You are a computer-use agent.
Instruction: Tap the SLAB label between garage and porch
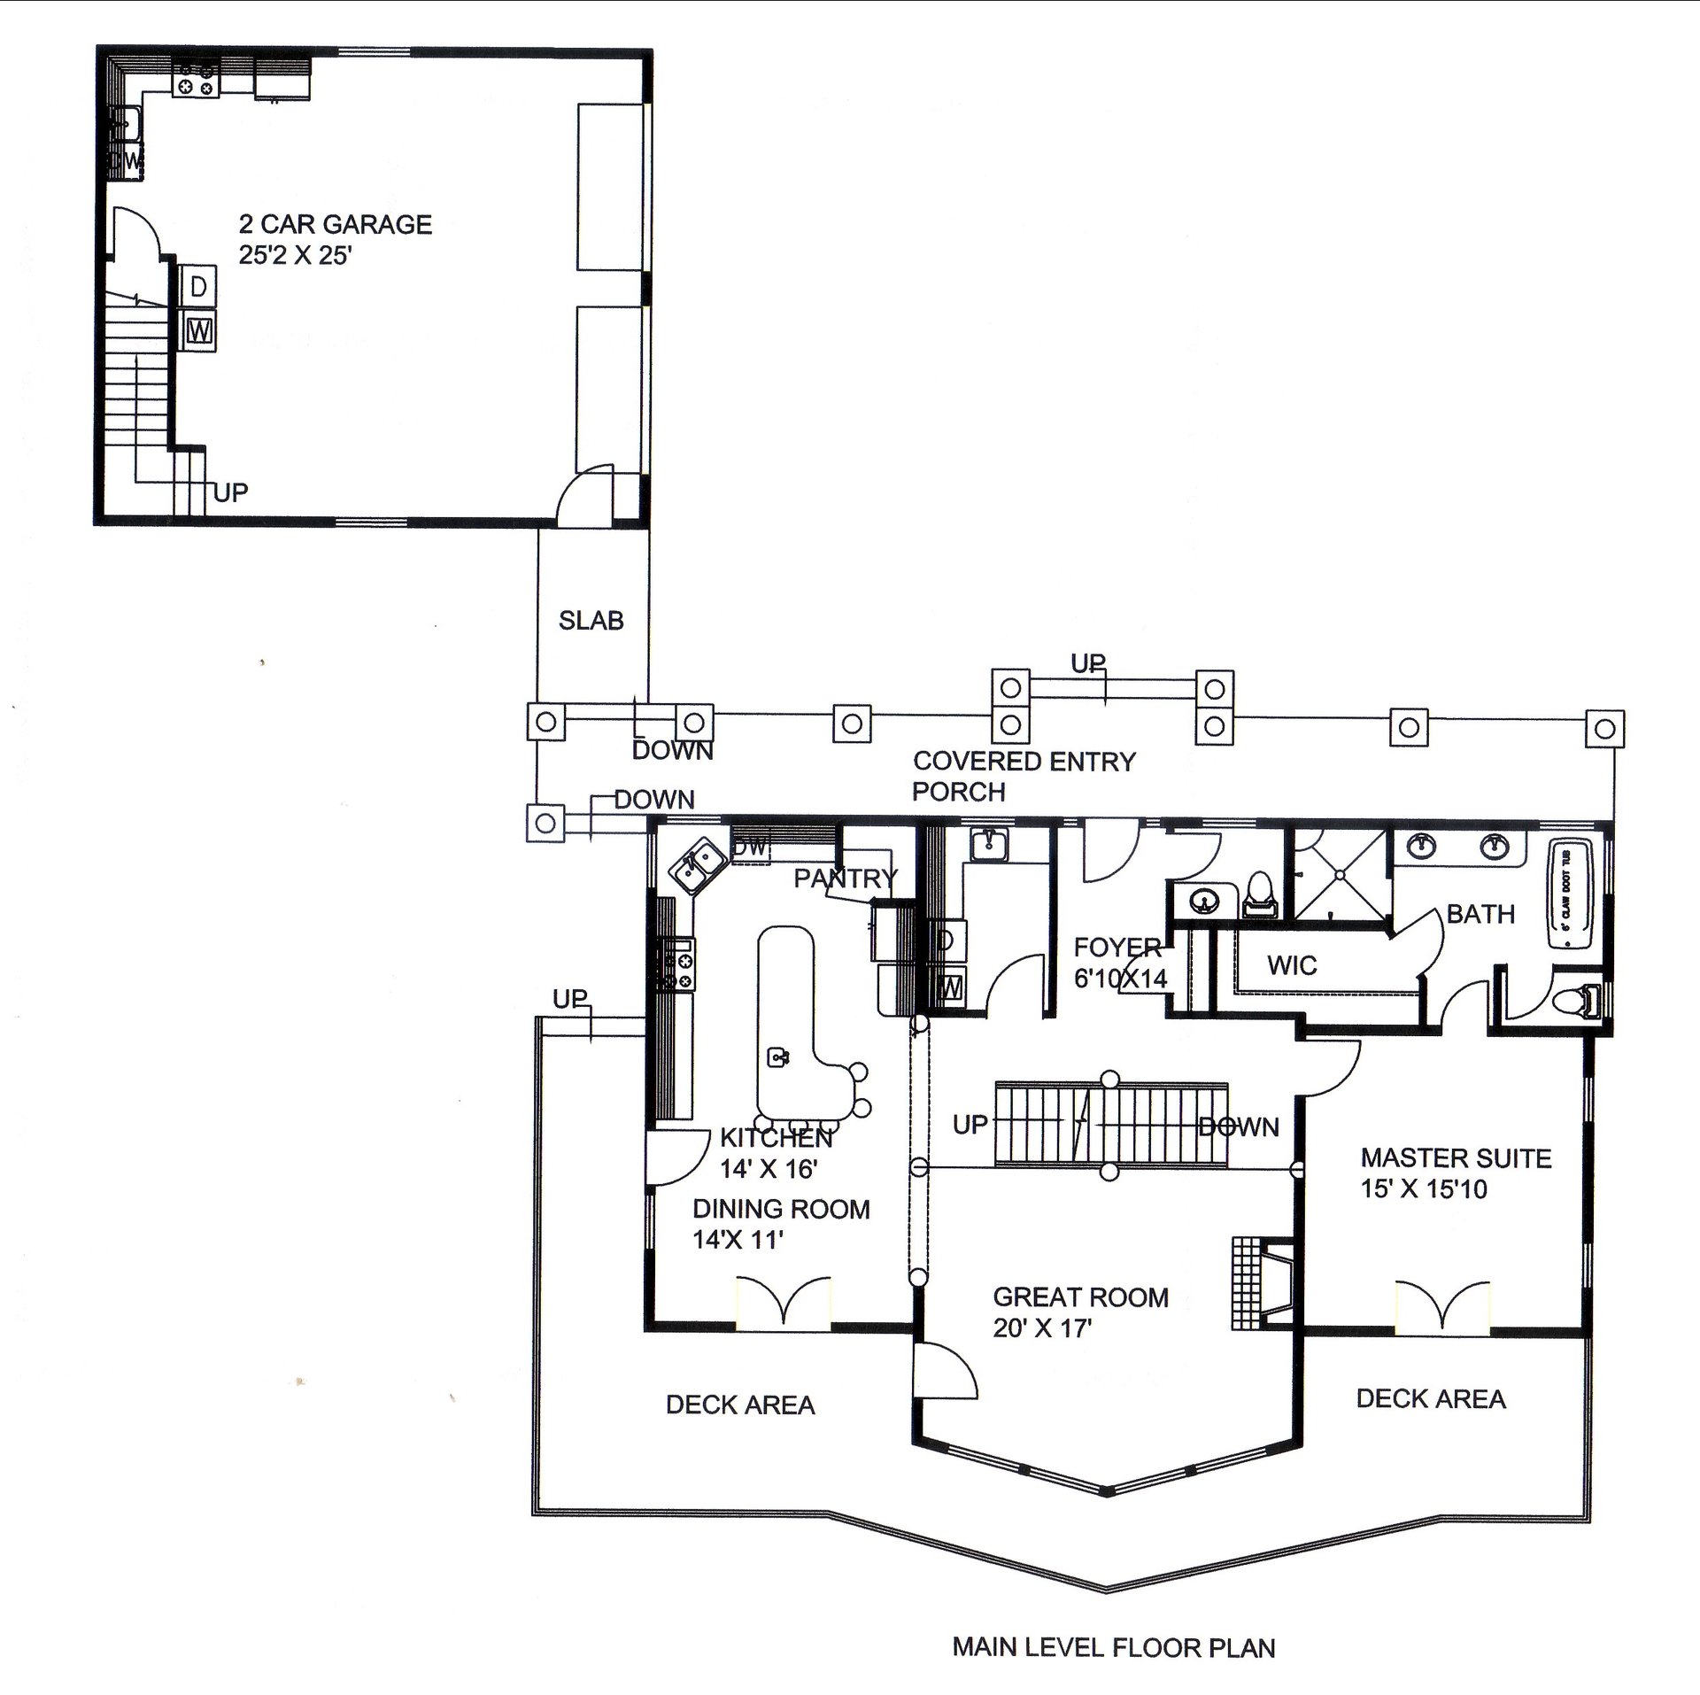click(x=591, y=620)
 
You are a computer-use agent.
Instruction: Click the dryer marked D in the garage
click(x=198, y=286)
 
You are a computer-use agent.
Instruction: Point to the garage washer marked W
click(x=199, y=331)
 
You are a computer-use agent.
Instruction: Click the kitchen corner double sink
click(x=697, y=866)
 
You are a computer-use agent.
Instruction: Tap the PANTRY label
click(x=845, y=878)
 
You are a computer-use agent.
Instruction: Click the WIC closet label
click(x=1292, y=965)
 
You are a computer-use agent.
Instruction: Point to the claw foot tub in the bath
click(x=1568, y=895)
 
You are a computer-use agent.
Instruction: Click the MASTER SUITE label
click(x=1455, y=1173)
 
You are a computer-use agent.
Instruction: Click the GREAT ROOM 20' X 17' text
click(x=1080, y=1312)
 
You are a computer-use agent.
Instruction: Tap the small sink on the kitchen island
click(x=778, y=1056)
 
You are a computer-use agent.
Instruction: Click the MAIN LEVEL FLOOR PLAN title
click(x=1113, y=1647)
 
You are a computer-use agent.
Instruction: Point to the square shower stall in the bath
click(x=1340, y=875)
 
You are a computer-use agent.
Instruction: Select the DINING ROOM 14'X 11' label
click(x=780, y=1224)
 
